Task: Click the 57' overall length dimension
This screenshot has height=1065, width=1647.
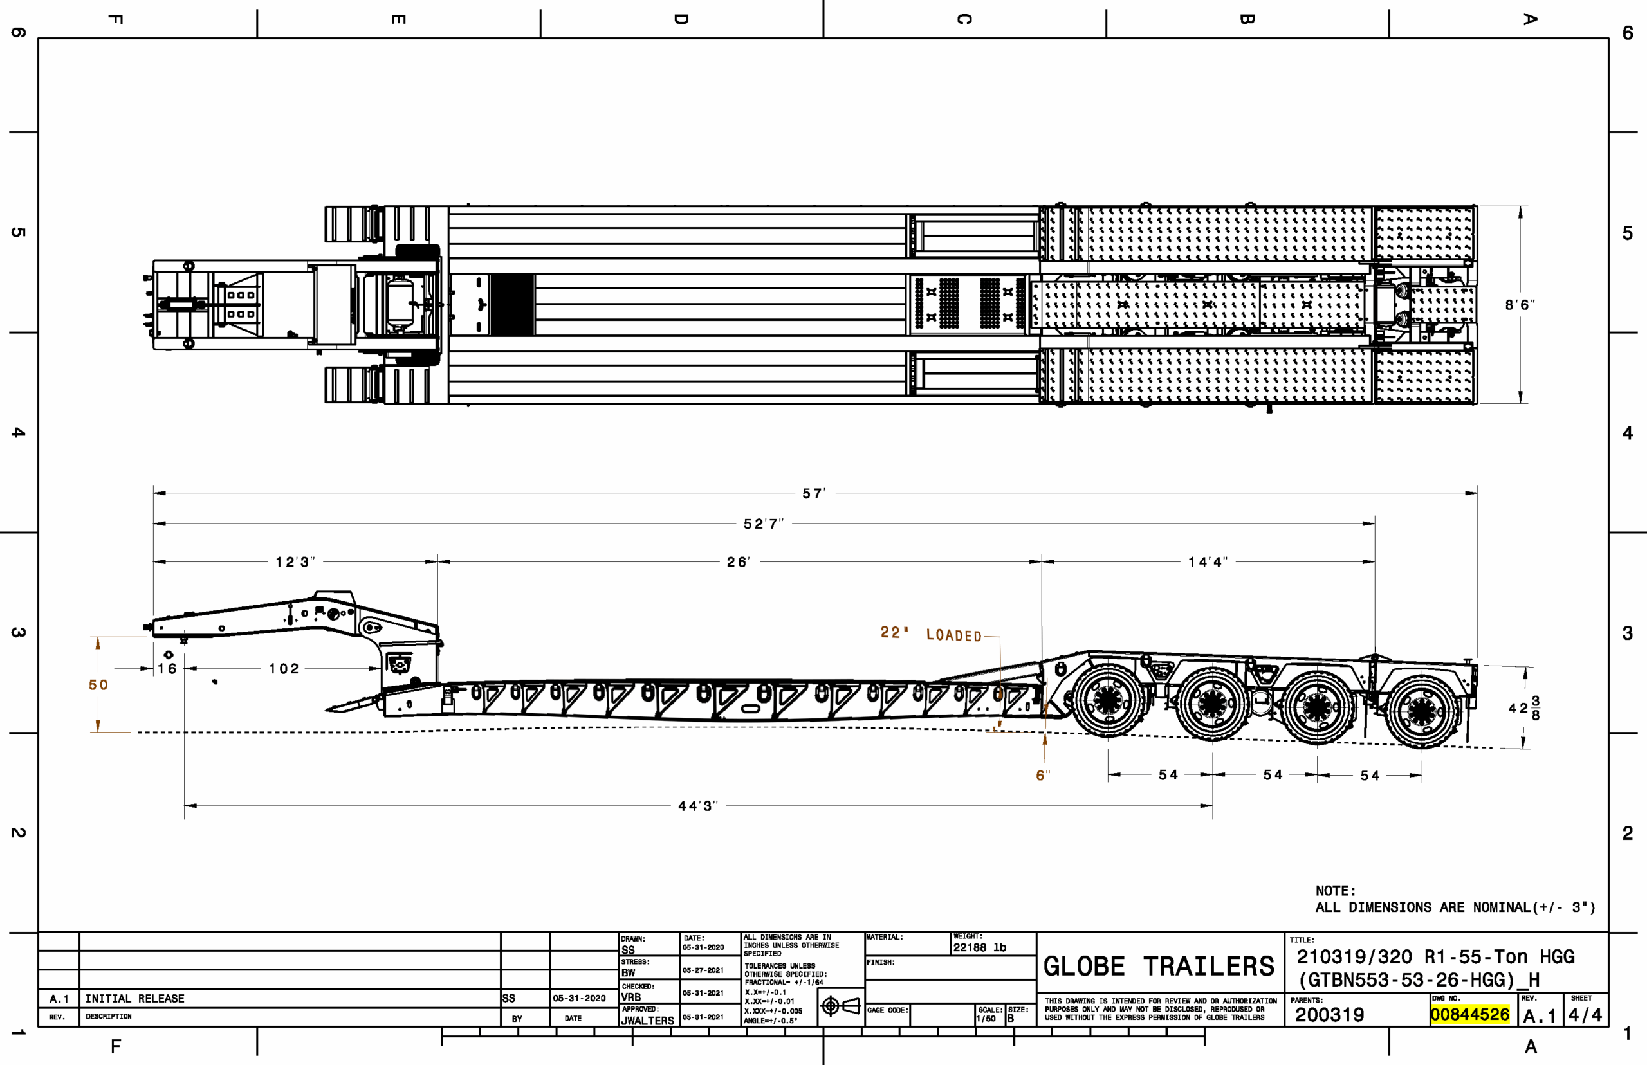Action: [813, 493]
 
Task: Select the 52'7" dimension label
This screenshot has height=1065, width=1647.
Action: [764, 523]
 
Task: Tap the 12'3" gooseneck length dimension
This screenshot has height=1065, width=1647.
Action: [295, 561]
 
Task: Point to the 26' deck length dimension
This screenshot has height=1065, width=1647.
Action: [738, 561]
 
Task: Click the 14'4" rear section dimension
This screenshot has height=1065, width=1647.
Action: [1208, 561]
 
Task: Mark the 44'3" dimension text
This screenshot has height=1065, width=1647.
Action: [698, 806]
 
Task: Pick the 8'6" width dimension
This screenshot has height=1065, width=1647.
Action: [1520, 304]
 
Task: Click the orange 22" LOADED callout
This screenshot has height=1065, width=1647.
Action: [931, 633]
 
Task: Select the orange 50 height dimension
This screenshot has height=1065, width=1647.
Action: [98, 685]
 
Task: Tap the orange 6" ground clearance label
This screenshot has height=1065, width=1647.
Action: [1043, 775]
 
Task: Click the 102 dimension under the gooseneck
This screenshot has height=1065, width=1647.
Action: [284, 669]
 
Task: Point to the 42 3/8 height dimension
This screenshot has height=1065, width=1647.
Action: [1524, 708]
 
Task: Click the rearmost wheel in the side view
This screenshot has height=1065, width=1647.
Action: [1422, 709]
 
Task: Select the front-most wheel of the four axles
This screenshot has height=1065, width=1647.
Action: [1108, 700]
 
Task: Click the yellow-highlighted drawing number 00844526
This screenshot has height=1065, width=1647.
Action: [1470, 1015]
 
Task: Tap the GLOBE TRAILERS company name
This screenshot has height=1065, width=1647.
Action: [1159, 966]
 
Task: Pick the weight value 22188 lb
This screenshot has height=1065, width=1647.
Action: [979, 947]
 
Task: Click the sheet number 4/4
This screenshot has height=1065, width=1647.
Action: [1585, 1015]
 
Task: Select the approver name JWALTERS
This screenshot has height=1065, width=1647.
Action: [647, 1020]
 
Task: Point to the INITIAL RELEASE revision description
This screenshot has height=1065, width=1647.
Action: [135, 999]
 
